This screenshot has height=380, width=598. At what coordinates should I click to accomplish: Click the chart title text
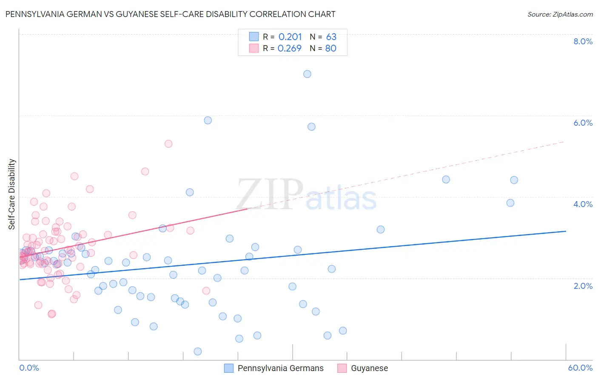point(170,14)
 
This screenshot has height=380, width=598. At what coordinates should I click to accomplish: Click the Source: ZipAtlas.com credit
point(560,14)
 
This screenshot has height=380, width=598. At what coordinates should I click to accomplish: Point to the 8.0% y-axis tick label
point(583,41)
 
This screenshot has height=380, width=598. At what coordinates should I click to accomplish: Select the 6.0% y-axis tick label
point(583,123)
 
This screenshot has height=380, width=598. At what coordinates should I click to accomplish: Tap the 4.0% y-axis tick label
point(583,204)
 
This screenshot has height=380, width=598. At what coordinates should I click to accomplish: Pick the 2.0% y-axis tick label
point(583,286)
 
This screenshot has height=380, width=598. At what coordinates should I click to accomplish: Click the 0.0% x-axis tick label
point(29,368)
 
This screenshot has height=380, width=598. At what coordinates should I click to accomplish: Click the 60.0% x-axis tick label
point(580,368)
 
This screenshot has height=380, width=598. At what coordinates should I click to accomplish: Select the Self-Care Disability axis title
point(12,194)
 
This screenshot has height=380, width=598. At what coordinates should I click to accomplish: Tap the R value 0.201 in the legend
point(290,37)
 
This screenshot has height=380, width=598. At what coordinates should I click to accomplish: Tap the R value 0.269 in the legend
point(290,49)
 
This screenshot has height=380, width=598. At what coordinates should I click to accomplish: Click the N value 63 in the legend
point(331,37)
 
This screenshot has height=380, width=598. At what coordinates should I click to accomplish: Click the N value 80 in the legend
point(330,49)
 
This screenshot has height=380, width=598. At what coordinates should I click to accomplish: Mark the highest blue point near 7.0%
point(307,74)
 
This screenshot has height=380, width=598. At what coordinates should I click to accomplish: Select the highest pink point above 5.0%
point(168,144)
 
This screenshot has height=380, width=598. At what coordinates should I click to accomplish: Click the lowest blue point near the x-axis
point(197,351)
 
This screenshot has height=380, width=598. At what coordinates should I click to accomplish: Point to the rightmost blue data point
point(514,180)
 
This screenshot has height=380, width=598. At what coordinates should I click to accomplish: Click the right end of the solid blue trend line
point(566,231)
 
